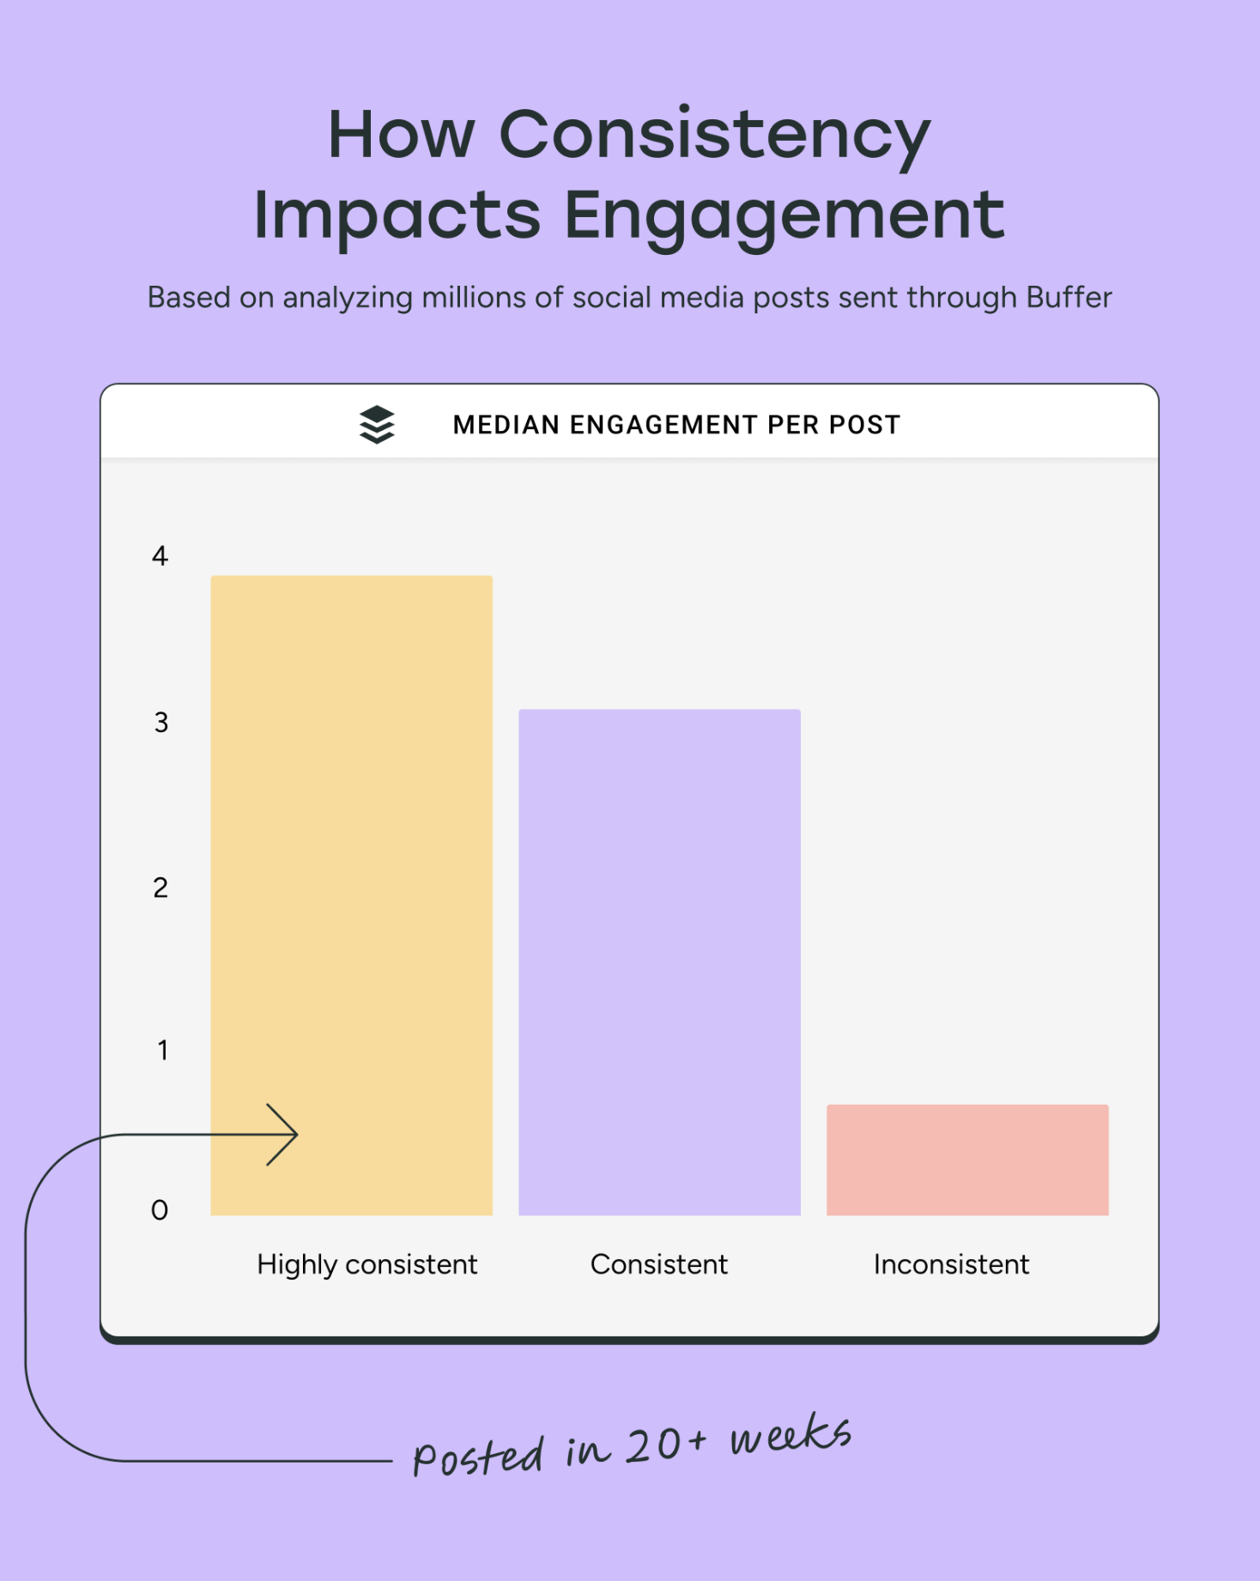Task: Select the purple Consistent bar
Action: point(659,961)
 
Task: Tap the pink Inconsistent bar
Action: point(967,1160)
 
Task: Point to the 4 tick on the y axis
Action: point(161,556)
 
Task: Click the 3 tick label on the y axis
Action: point(161,723)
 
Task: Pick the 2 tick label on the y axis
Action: point(161,887)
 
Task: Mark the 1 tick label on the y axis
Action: point(162,1051)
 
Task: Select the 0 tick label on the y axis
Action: point(160,1210)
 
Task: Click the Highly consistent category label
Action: point(366,1265)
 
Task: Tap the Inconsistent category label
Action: point(951,1264)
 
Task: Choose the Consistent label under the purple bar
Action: point(658,1264)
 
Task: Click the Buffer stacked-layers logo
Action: point(377,424)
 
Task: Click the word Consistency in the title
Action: point(714,135)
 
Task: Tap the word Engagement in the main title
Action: point(784,215)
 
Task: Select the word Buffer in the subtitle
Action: point(1069,298)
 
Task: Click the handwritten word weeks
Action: point(790,1435)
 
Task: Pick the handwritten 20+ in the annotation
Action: point(666,1446)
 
